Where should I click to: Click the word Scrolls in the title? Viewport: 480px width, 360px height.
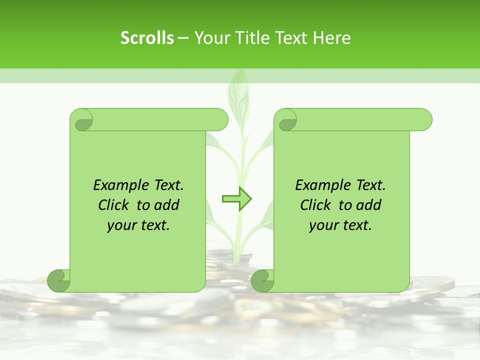(x=147, y=38)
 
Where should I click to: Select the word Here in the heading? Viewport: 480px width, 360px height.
(x=332, y=38)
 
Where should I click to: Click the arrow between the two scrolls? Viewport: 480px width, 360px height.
(x=236, y=199)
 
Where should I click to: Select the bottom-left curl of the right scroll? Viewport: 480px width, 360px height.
(x=262, y=280)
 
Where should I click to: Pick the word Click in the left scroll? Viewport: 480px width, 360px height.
(x=115, y=205)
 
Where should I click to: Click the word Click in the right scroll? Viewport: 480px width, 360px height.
(x=316, y=205)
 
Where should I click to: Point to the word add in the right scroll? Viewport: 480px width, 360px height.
(x=368, y=205)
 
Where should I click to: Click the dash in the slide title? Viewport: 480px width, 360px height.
(x=183, y=38)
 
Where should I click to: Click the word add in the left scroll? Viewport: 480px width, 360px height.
(x=166, y=205)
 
